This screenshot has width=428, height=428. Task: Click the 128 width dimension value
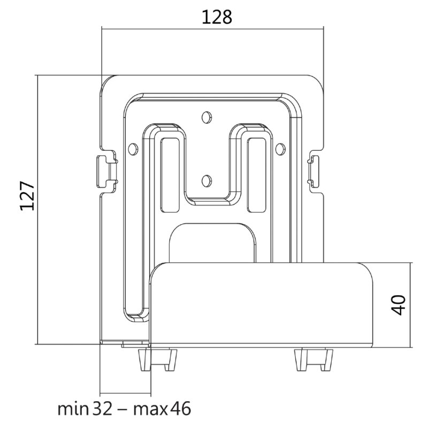pos(217,17)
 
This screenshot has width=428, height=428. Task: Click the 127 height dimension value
pos(27,195)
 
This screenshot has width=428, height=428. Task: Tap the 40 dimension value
pos(398,305)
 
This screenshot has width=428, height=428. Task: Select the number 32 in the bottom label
pos(103,409)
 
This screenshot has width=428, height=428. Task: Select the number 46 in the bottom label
pos(181,409)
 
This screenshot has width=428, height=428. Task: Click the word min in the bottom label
pos(73,409)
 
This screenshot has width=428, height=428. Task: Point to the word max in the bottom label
pos(150,410)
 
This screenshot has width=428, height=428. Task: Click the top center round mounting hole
pos(207,117)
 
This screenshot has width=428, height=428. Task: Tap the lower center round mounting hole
pos(207,181)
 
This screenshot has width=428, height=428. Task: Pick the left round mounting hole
pos(133,149)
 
